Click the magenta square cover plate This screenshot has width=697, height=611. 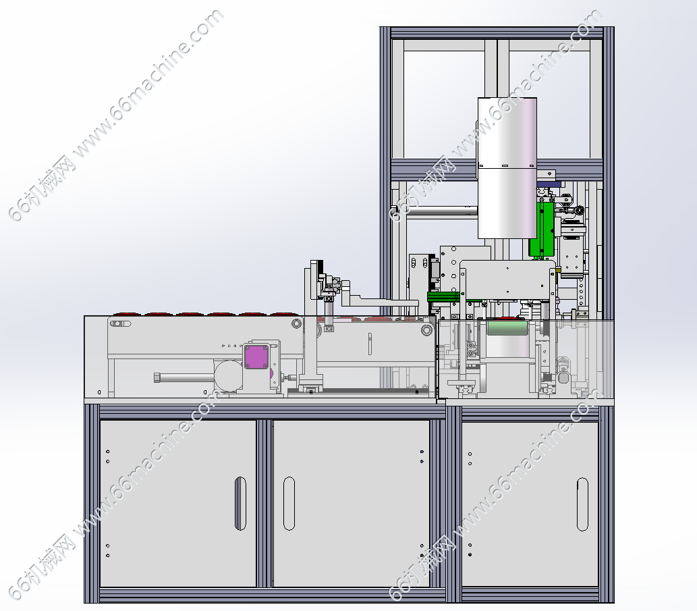[x=256, y=357]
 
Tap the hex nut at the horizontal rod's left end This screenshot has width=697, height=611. [x=157, y=377]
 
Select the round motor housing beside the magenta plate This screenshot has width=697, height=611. [x=229, y=376]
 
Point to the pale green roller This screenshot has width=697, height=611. [x=507, y=328]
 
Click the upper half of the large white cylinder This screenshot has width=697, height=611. [x=507, y=132]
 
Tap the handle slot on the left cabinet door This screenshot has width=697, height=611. [x=240, y=504]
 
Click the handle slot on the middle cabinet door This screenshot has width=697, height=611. [x=289, y=504]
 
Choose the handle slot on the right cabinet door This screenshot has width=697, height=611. [x=582, y=504]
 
